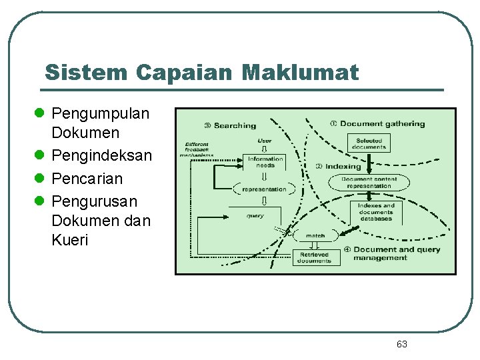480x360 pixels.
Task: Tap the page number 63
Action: click(x=401, y=344)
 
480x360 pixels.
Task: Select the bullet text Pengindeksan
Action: click(x=101, y=156)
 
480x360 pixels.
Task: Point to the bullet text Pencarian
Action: click(x=87, y=179)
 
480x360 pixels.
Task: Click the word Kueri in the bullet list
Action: click(x=69, y=240)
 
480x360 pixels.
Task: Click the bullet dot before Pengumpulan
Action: click(x=42, y=113)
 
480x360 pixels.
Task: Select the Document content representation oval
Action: click(x=369, y=182)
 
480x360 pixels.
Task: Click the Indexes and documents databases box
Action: click(x=376, y=211)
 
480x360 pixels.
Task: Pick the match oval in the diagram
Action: click(x=315, y=235)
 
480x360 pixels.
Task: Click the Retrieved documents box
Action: click(x=315, y=257)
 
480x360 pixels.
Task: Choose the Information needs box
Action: click(x=265, y=161)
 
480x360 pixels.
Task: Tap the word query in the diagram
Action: click(x=255, y=215)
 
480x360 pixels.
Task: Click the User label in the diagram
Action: click(x=264, y=140)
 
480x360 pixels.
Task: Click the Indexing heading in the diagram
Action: click(x=342, y=166)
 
